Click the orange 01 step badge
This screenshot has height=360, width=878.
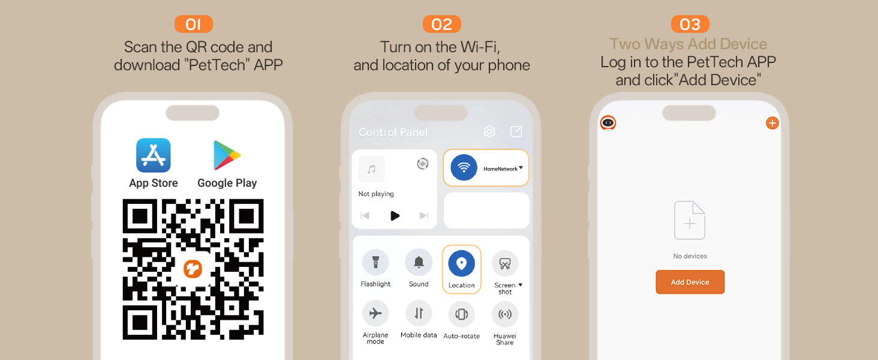point(194,25)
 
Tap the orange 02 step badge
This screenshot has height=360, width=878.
point(442,25)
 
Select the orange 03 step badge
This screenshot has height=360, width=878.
point(690,25)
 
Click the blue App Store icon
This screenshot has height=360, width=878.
point(154,155)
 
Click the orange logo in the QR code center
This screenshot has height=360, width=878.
point(193,269)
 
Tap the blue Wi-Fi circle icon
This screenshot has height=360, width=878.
point(464,168)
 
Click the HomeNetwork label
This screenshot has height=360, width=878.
point(500,169)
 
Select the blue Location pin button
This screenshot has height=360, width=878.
point(461,263)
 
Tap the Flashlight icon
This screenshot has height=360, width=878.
point(375,262)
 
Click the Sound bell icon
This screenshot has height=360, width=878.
point(419,262)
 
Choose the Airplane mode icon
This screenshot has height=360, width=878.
point(375,313)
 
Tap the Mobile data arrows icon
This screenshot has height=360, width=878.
point(419,313)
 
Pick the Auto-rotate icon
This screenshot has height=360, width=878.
point(461,314)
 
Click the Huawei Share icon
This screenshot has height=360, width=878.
point(505,314)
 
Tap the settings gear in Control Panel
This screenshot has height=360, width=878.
point(489,131)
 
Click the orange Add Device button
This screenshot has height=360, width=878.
point(690,282)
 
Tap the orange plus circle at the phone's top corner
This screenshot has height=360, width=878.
point(772,123)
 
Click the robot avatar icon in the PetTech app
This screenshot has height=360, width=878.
point(608,123)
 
